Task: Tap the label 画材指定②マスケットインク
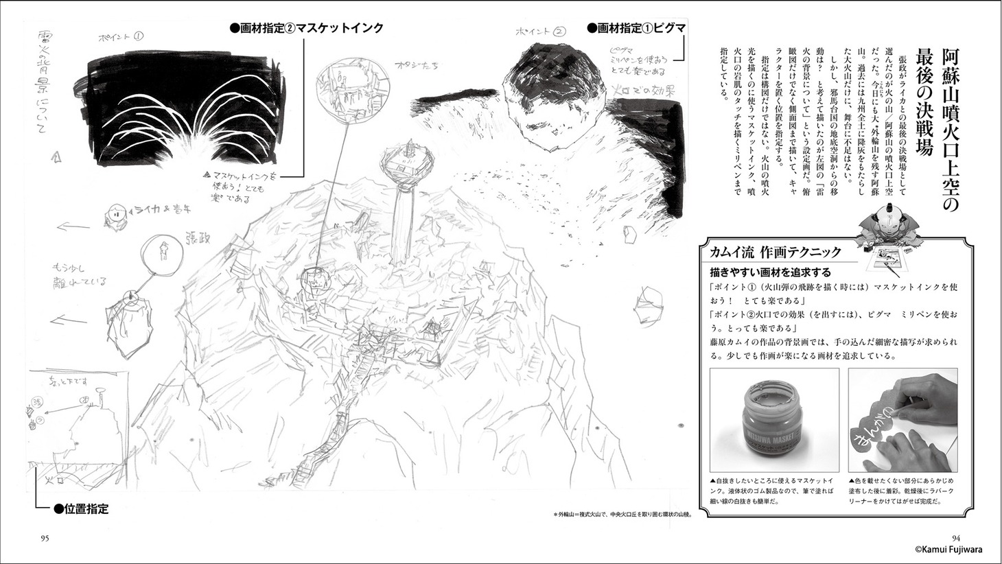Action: (x=307, y=28)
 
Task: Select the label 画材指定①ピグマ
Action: (x=636, y=28)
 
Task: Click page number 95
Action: (x=45, y=537)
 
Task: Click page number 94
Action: (x=957, y=537)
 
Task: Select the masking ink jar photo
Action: (x=774, y=421)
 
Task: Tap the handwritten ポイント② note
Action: (x=541, y=31)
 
